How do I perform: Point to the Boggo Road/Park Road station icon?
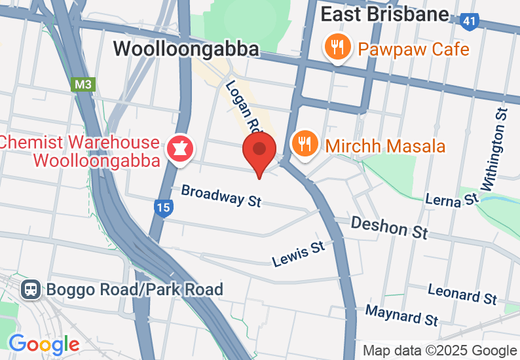30,289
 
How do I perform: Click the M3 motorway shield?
83,84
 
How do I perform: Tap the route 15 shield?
164,209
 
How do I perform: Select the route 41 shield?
469,21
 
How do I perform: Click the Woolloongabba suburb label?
187,48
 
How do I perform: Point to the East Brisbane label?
384,14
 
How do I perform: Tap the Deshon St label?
389,226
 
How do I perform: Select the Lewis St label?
299,253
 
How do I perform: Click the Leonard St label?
462,294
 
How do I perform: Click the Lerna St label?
452,199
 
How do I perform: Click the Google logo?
44,344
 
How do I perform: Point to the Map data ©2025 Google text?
439,351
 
